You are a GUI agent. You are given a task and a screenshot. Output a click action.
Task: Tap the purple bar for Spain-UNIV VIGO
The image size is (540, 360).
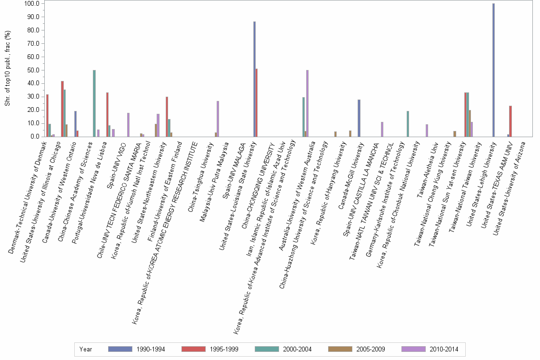(x=128, y=125)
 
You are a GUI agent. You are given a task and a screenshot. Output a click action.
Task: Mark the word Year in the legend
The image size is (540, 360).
(x=86, y=349)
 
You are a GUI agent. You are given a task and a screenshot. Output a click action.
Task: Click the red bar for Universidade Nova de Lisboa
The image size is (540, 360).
(x=107, y=114)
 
